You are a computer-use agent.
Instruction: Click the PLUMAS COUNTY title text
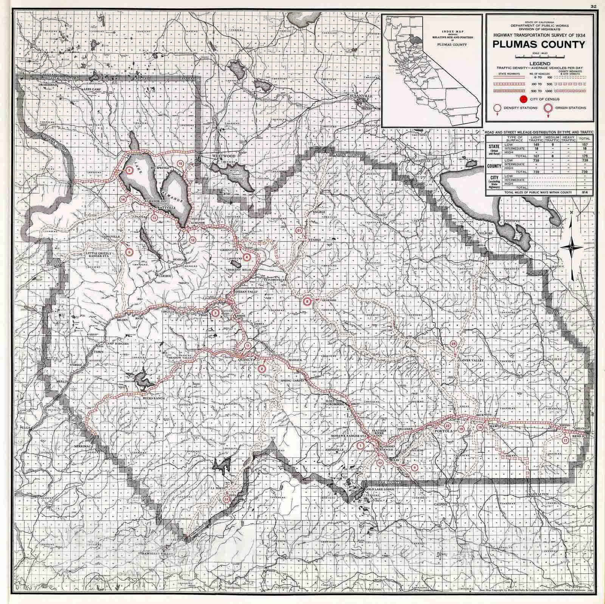[x=538, y=45]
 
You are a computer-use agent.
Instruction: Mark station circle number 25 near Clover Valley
[x=454, y=344]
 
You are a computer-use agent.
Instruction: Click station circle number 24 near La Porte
[x=226, y=499]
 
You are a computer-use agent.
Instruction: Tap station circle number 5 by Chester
[x=130, y=171]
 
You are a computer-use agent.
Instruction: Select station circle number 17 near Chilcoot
[x=565, y=441]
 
